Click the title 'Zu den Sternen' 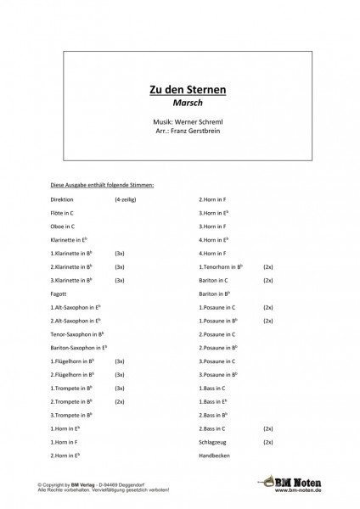(x=182, y=87)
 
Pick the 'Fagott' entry (x=59, y=294)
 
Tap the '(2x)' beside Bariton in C (x=267, y=279)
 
